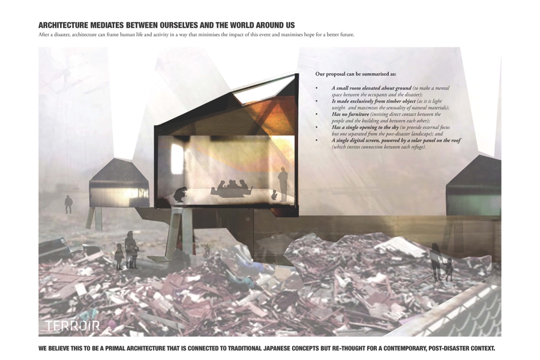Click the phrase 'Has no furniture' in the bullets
point(350,114)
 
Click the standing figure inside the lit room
point(283,184)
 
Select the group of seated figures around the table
point(233,188)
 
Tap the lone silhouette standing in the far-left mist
point(68,204)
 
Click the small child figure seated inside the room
point(274,195)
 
